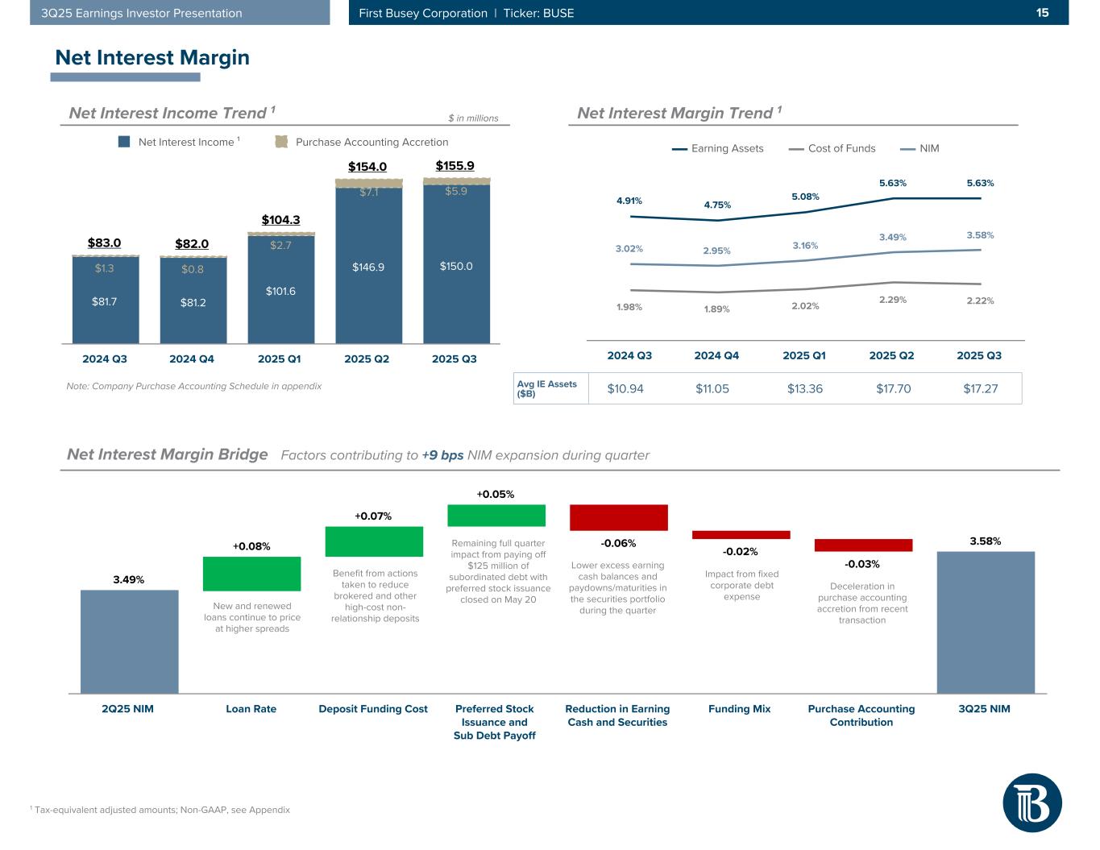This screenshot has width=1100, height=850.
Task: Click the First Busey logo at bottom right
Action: click(1032, 802)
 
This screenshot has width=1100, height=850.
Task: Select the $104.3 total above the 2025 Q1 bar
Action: click(280, 219)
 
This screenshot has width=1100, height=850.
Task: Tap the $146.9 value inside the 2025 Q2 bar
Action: click(368, 267)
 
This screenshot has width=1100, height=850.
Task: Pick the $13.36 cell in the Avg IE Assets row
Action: click(804, 388)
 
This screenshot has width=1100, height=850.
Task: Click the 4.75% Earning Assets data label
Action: click(717, 205)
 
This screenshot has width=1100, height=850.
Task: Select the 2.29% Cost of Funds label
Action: click(892, 300)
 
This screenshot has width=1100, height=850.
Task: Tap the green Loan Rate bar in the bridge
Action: click(251, 574)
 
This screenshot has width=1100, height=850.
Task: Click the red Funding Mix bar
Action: click(741, 534)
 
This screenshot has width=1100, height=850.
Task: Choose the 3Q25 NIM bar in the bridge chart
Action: click(985, 622)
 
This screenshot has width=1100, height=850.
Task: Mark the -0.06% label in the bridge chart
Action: click(618, 543)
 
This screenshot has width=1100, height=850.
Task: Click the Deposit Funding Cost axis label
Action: click(373, 709)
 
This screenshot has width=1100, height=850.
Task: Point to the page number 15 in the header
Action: click(1042, 13)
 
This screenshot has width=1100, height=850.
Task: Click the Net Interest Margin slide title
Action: click(152, 58)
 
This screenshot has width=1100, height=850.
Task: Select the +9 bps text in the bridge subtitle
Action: click(442, 455)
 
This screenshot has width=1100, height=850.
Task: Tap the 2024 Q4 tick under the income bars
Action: click(192, 359)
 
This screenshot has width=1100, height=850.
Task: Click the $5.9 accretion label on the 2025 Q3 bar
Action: click(456, 192)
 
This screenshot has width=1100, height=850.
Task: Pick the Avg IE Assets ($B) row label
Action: click(547, 388)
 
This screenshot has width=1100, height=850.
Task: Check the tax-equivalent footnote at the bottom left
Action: click(160, 810)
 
